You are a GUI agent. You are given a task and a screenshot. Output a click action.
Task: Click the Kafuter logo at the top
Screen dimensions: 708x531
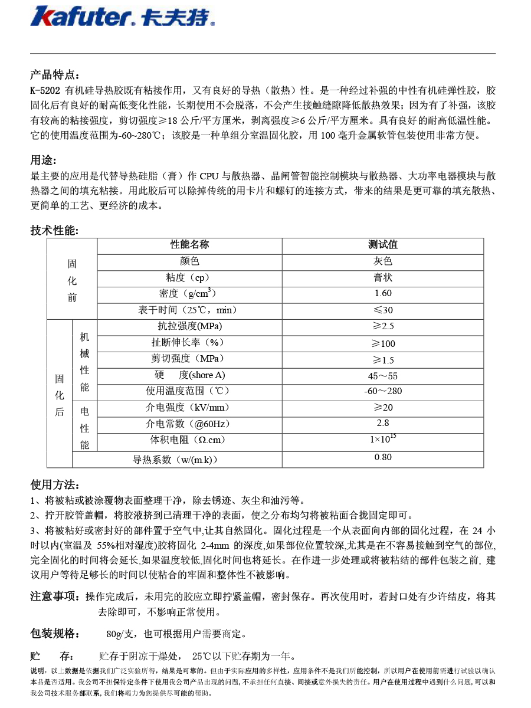pyautogui.click(x=122, y=16)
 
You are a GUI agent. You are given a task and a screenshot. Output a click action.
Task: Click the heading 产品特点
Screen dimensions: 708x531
pyautogui.click(x=54, y=75)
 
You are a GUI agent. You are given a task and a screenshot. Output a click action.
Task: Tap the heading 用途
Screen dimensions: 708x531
pyautogui.click(x=44, y=160)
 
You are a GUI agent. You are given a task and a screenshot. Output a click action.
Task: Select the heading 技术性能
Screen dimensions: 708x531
pyautogui.click(x=54, y=231)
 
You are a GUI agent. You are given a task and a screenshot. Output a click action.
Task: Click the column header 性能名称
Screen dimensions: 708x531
pyautogui.click(x=189, y=245)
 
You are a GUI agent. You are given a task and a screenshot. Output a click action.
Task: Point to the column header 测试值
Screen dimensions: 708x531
pyautogui.click(x=383, y=245)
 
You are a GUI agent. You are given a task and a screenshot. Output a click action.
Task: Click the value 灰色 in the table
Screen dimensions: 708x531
pyautogui.click(x=383, y=261)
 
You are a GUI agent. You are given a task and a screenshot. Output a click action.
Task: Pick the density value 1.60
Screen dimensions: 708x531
pyautogui.click(x=383, y=293)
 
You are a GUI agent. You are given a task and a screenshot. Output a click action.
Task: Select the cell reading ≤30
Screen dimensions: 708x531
pyautogui.click(x=383, y=310)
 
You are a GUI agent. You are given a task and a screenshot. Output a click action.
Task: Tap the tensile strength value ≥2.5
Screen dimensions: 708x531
pyautogui.click(x=383, y=326)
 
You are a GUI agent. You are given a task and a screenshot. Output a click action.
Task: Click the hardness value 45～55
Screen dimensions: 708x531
pyautogui.click(x=383, y=376)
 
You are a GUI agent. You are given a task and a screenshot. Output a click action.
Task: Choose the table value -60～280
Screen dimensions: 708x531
pyautogui.click(x=383, y=391)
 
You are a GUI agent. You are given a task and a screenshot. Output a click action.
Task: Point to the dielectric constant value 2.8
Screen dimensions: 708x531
pyautogui.click(x=383, y=423)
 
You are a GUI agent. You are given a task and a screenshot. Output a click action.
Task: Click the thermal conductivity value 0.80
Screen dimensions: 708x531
pyautogui.click(x=383, y=457)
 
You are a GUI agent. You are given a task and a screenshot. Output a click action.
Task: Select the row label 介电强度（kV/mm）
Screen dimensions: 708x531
pyautogui.click(x=187, y=408)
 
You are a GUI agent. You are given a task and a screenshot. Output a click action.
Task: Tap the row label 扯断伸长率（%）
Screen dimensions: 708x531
pyautogui.click(x=188, y=343)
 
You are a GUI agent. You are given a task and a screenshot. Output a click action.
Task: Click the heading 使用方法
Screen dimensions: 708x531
pyautogui.click(x=54, y=485)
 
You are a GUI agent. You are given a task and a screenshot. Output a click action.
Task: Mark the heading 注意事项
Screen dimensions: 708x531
pyautogui.click(x=54, y=596)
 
